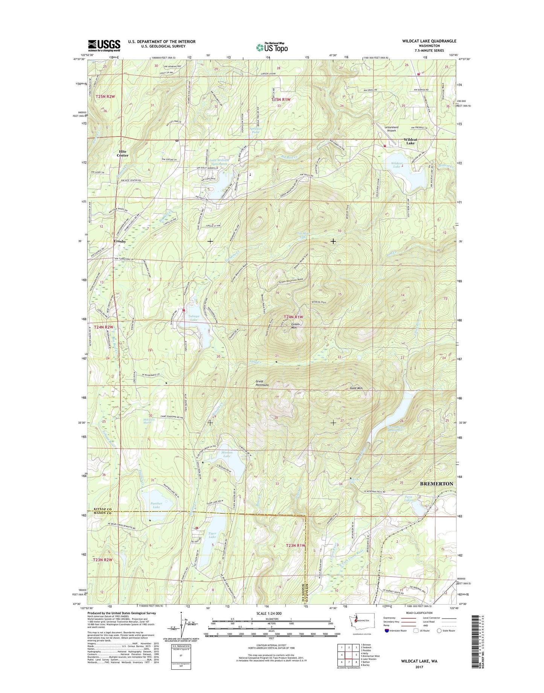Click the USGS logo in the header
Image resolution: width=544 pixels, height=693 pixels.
[104, 46]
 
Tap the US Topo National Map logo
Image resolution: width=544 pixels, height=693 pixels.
[272, 47]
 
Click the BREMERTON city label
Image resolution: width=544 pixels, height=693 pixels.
[436, 484]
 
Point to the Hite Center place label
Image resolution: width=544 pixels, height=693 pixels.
[122, 153]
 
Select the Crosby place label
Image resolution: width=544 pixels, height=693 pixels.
[120, 242]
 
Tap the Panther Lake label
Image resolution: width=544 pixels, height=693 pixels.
[156, 505]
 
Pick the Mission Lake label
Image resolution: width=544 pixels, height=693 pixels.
[227, 454]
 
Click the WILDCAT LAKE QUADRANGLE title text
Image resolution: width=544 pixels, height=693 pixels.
[429, 41]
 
